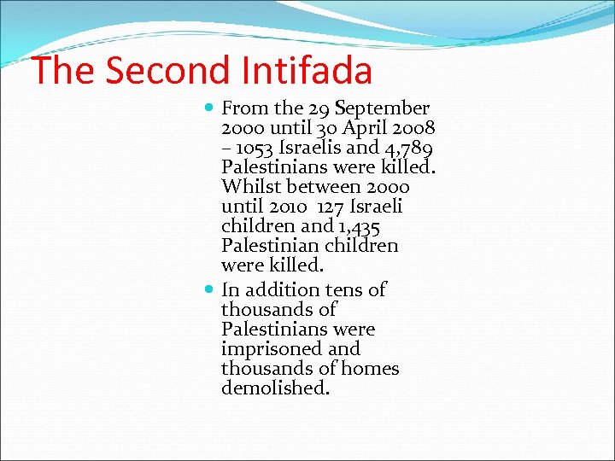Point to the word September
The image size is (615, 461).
pyautogui.click(x=382, y=108)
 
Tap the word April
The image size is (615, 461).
pyautogui.click(x=366, y=128)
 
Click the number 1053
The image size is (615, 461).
pyautogui.click(x=256, y=148)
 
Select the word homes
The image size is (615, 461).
pyautogui.click(x=372, y=369)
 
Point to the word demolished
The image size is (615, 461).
pyautogui.click(x=275, y=388)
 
